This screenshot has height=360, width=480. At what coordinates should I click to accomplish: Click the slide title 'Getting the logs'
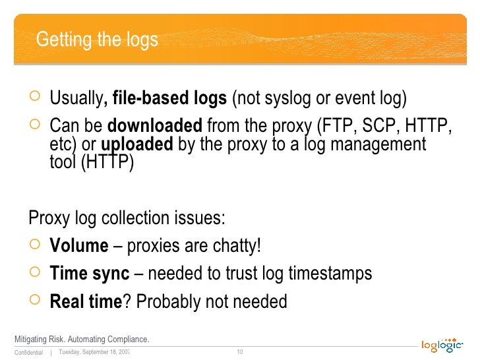tap(97, 40)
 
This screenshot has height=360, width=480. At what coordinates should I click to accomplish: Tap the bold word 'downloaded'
tap(154, 125)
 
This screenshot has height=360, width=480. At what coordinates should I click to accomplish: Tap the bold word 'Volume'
tap(79, 246)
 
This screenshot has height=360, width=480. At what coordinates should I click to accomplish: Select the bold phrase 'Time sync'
tap(90, 274)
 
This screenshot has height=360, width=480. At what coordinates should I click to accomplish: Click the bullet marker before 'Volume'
tap(36, 246)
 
